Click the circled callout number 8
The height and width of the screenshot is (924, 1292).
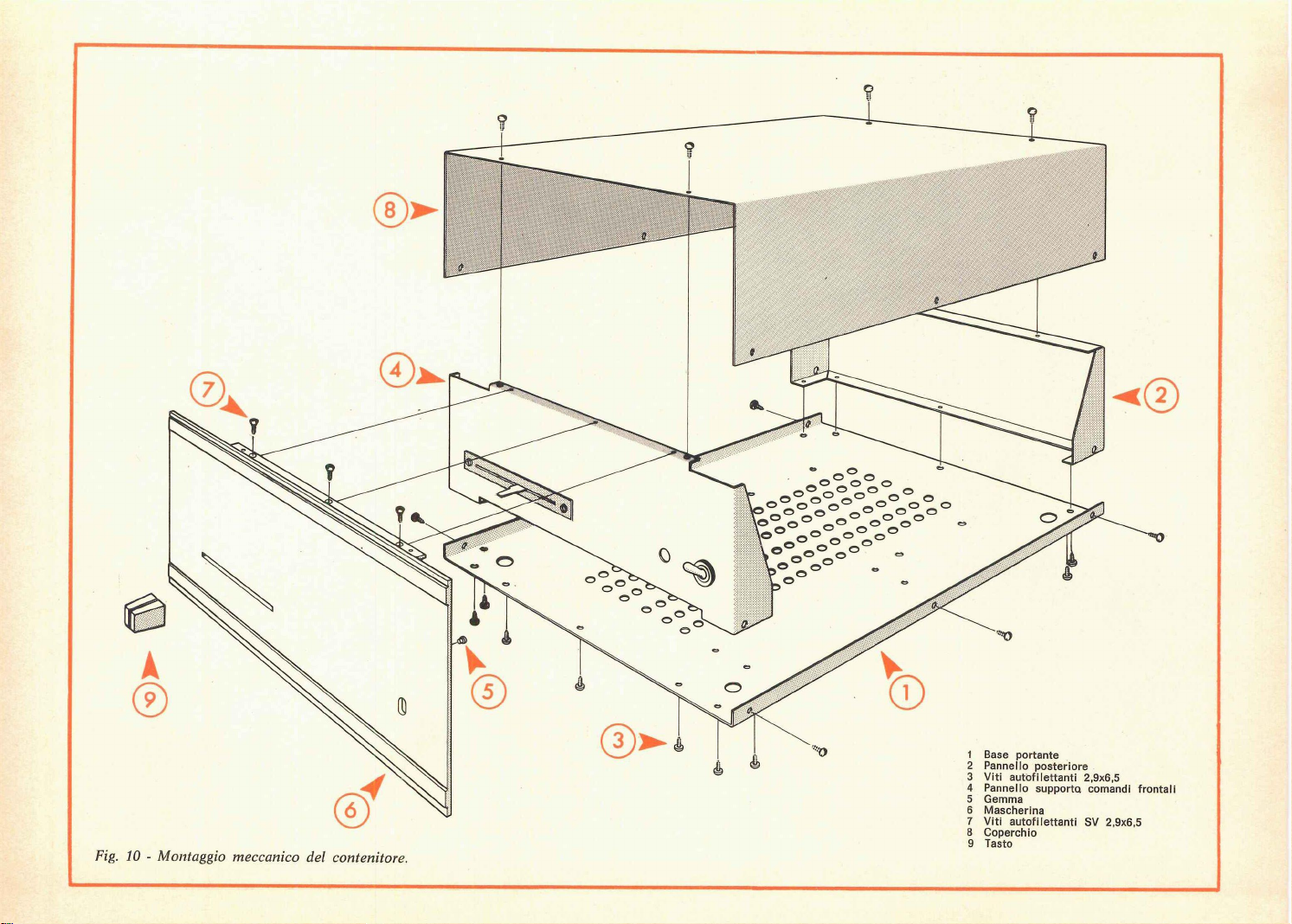389,210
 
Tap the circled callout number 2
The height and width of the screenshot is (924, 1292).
1161,396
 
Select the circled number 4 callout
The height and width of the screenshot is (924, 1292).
396,371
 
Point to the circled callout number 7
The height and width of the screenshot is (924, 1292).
208,391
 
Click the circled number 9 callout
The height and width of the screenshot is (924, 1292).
151,697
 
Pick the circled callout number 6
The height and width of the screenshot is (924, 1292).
350,810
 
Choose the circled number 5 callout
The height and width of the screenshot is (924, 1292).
488,691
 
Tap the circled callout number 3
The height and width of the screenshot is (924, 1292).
618,741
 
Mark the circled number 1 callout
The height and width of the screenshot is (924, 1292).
907,692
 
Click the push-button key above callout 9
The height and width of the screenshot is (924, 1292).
145,613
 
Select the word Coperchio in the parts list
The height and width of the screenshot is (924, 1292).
1009,832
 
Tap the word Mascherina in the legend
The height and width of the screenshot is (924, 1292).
1013,811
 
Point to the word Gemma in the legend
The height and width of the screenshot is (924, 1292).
1003,799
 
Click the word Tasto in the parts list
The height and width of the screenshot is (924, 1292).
998,844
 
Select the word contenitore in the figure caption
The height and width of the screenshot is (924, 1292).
370,857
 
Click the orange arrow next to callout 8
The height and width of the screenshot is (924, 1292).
423,211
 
